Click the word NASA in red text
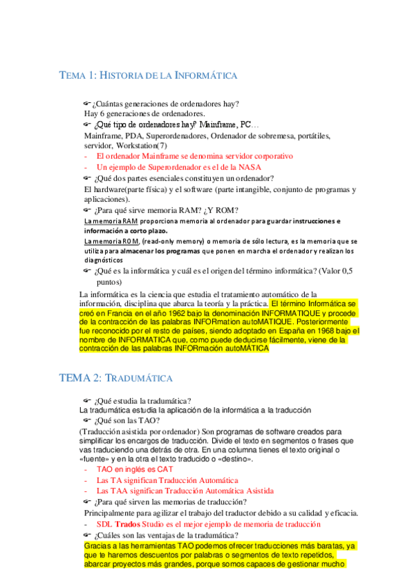point(246,167)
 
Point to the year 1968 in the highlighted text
point(328,331)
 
